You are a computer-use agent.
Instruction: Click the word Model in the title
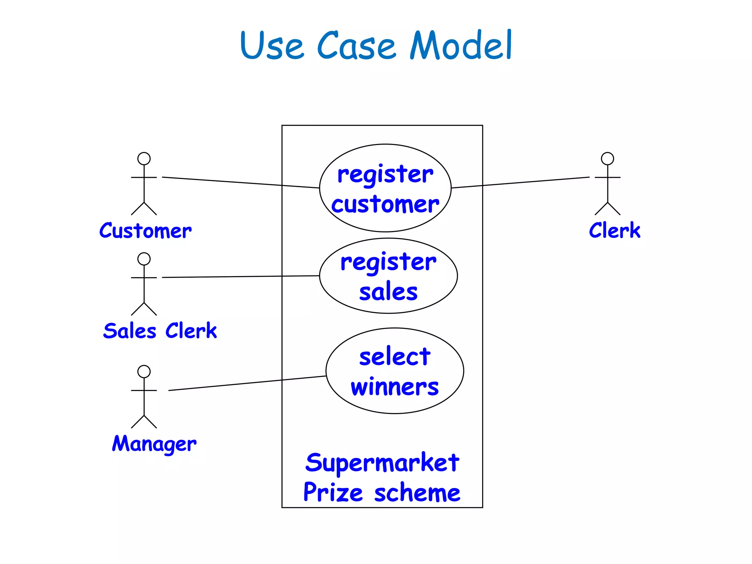tap(460, 46)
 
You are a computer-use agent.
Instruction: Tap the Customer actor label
tap(145, 231)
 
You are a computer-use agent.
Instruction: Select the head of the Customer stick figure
tap(144, 159)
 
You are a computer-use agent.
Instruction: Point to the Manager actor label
tap(154, 444)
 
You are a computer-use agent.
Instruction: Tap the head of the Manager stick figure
tap(144, 372)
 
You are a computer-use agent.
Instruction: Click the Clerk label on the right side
tap(614, 231)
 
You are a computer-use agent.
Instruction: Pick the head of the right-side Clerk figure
tap(607, 159)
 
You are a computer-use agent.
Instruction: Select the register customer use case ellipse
tap(385, 188)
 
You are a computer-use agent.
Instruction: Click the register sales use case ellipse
tap(388, 276)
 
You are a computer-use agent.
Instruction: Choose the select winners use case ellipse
tap(395, 371)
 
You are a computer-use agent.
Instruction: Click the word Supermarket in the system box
tap(382, 463)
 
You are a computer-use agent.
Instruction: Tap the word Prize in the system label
tap(333, 493)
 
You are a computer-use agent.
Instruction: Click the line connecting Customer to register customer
tap(241, 182)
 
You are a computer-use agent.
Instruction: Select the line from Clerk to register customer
tap(520, 182)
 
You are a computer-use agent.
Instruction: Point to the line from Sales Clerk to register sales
tap(241, 276)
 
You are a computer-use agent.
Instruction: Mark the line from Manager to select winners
tap(247, 383)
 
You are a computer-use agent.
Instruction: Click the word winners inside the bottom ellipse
tap(395, 387)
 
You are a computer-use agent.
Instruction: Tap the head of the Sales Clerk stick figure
tap(144, 259)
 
